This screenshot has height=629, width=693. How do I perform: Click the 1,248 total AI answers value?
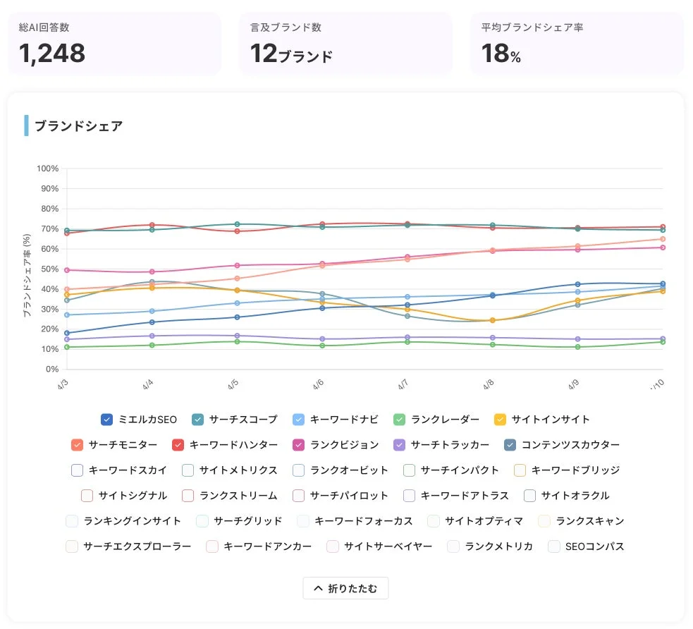(52, 53)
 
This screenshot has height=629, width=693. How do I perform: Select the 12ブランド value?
(291, 54)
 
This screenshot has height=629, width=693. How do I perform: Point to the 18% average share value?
(501, 54)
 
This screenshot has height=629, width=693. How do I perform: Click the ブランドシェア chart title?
(79, 126)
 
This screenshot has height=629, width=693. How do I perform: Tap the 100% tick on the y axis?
(47, 169)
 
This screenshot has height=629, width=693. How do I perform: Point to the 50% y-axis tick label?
(49, 269)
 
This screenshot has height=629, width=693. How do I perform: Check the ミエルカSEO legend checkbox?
(107, 420)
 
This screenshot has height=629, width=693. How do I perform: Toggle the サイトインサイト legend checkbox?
(501, 420)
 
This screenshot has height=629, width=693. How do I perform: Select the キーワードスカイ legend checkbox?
(78, 470)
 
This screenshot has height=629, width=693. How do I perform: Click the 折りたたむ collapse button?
(345, 588)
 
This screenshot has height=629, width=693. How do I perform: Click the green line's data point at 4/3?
(67, 347)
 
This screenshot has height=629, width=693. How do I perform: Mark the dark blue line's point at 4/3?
(67, 333)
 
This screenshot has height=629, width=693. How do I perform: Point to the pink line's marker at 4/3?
(67, 270)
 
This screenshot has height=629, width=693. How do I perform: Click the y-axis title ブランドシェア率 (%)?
(27, 274)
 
